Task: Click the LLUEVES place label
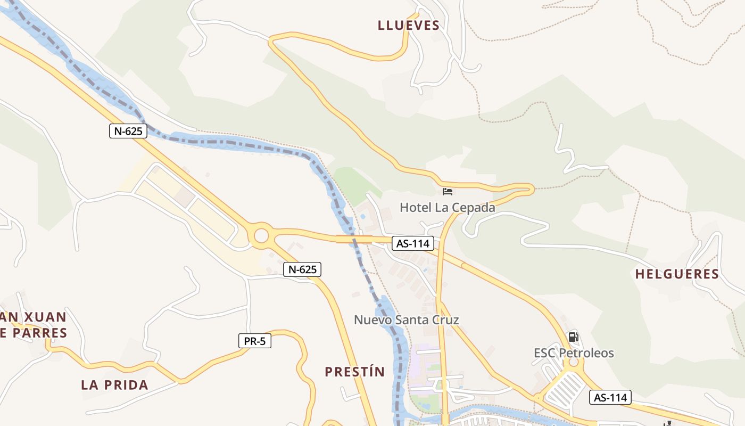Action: tap(409, 25)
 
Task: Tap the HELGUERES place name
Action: tap(677, 274)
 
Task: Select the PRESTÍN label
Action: tap(354, 372)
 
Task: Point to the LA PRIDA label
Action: tap(114, 384)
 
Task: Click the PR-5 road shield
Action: tap(254, 341)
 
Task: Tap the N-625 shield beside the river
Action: tap(128, 130)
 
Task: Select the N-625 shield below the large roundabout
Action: tap(302, 269)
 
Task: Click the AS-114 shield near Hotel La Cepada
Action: tap(412, 243)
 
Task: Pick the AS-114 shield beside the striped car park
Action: tap(610, 397)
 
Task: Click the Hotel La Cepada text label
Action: tap(448, 207)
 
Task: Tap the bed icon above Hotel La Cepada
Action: tap(448, 191)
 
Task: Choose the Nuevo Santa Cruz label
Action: tap(407, 319)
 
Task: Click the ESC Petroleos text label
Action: tap(574, 353)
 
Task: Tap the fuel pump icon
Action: tap(573, 337)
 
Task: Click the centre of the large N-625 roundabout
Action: tap(261, 235)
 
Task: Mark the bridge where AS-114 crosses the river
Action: tap(354, 239)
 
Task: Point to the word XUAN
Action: tap(43, 317)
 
